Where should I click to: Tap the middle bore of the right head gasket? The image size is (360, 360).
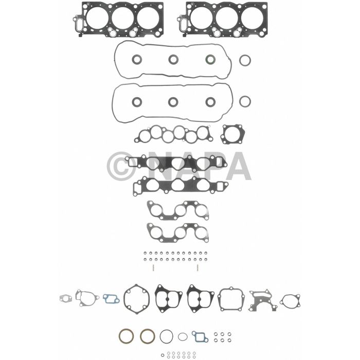click(x=225, y=17)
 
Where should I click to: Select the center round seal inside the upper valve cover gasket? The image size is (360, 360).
click(x=173, y=60)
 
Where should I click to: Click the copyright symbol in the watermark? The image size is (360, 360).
click(x=122, y=166)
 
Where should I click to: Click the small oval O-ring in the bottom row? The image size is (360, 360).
click(x=183, y=337)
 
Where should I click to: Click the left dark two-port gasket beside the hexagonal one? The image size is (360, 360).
click(x=167, y=297)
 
